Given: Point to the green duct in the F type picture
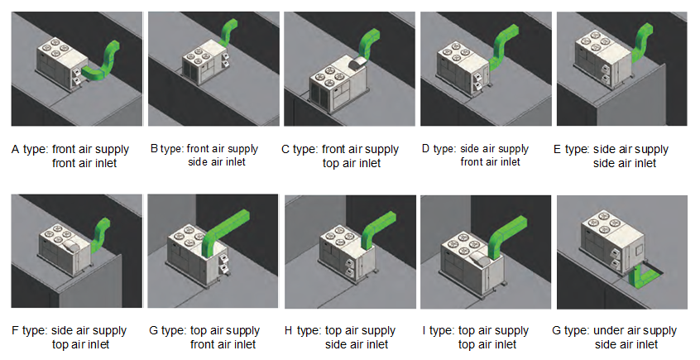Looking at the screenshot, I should click(x=101, y=233).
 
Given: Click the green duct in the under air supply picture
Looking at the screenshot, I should click(x=641, y=273).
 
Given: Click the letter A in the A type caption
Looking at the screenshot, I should click(x=16, y=150).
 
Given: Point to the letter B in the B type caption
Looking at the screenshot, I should click(x=154, y=149).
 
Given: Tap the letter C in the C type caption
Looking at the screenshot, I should click(x=285, y=150).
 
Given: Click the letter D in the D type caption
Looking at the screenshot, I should click(x=425, y=149).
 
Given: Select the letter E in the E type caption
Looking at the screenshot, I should click(x=558, y=150).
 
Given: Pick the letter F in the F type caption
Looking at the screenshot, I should click(x=16, y=331).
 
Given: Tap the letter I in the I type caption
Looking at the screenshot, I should click(x=423, y=331).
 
